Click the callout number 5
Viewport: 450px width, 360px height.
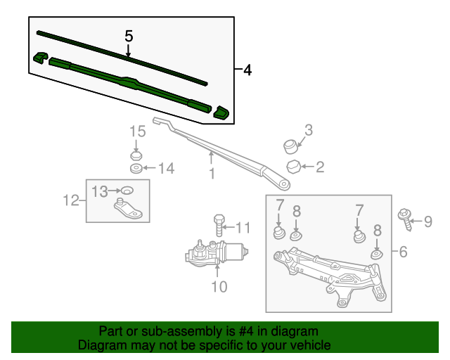128,35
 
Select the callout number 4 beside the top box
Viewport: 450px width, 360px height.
247,70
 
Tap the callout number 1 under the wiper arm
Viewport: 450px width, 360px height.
211,172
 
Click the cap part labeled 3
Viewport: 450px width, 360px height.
289,146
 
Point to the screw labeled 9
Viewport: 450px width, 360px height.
406,219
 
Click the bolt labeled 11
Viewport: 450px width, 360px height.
218,225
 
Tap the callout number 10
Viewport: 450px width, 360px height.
218,286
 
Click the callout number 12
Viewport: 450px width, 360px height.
71,200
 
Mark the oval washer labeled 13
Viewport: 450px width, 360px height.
127,190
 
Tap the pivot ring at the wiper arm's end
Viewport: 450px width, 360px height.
284,186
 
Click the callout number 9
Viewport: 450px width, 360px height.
427,222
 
